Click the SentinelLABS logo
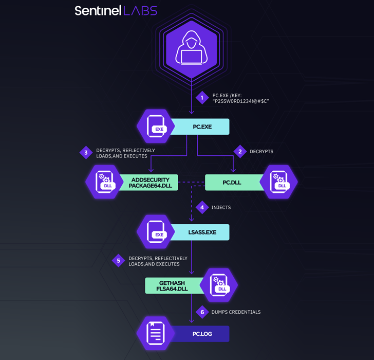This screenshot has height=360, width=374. pyautogui.click(x=116, y=10)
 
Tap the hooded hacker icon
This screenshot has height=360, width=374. pyautogui.click(x=191, y=49)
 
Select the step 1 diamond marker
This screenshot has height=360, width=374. pyautogui.click(x=202, y=98)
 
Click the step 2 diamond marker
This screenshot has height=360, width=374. pyautogui.click(x=240, y=151)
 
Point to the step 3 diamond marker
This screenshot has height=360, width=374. pyautogui.click(x=86, y=152)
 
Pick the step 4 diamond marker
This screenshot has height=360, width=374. pyautogui.click(x=202, y=207)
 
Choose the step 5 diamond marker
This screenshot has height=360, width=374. pyautogui.click(x=119, y=261)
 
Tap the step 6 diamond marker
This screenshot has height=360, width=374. pyautogui.click(x=202, y=312)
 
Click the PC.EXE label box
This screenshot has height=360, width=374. pyautogui.click(x=201, y=127)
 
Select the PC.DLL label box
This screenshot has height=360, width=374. pyautogui.click(x=232, y=183)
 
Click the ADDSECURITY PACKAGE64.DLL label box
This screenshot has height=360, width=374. pyautogui.click(x=149, y=183)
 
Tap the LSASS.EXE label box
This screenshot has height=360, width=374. pyautogui.click(x=201, y=232)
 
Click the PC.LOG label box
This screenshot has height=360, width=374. pyautogui.click(x=201, y=334)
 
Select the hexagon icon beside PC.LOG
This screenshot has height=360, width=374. pyautogui.click(x=156, y=333)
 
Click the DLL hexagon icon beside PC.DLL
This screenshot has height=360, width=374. pyautogui.click(x=279, y=182)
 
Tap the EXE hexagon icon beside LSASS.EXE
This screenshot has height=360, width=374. pyautogui.click(x=156, y=232)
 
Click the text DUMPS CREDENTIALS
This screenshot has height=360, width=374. pyautogui.click(x=236, y=312)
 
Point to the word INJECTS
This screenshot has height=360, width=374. pyautogui.click(x=221, y=207)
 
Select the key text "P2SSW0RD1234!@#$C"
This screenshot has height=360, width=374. pyautogui.click(x=241, y=101)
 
